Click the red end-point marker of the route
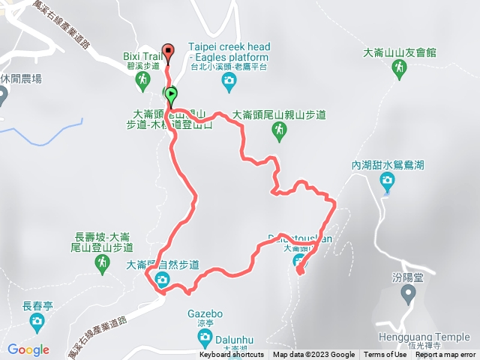point(168,52)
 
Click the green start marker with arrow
point(172,95)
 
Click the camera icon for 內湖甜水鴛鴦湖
point(387,179)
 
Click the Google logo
point(28,349)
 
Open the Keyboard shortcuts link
point(231,355)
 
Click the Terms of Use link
point(384,355)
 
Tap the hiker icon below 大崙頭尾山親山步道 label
point(279,131)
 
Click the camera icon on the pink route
point(163,280)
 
